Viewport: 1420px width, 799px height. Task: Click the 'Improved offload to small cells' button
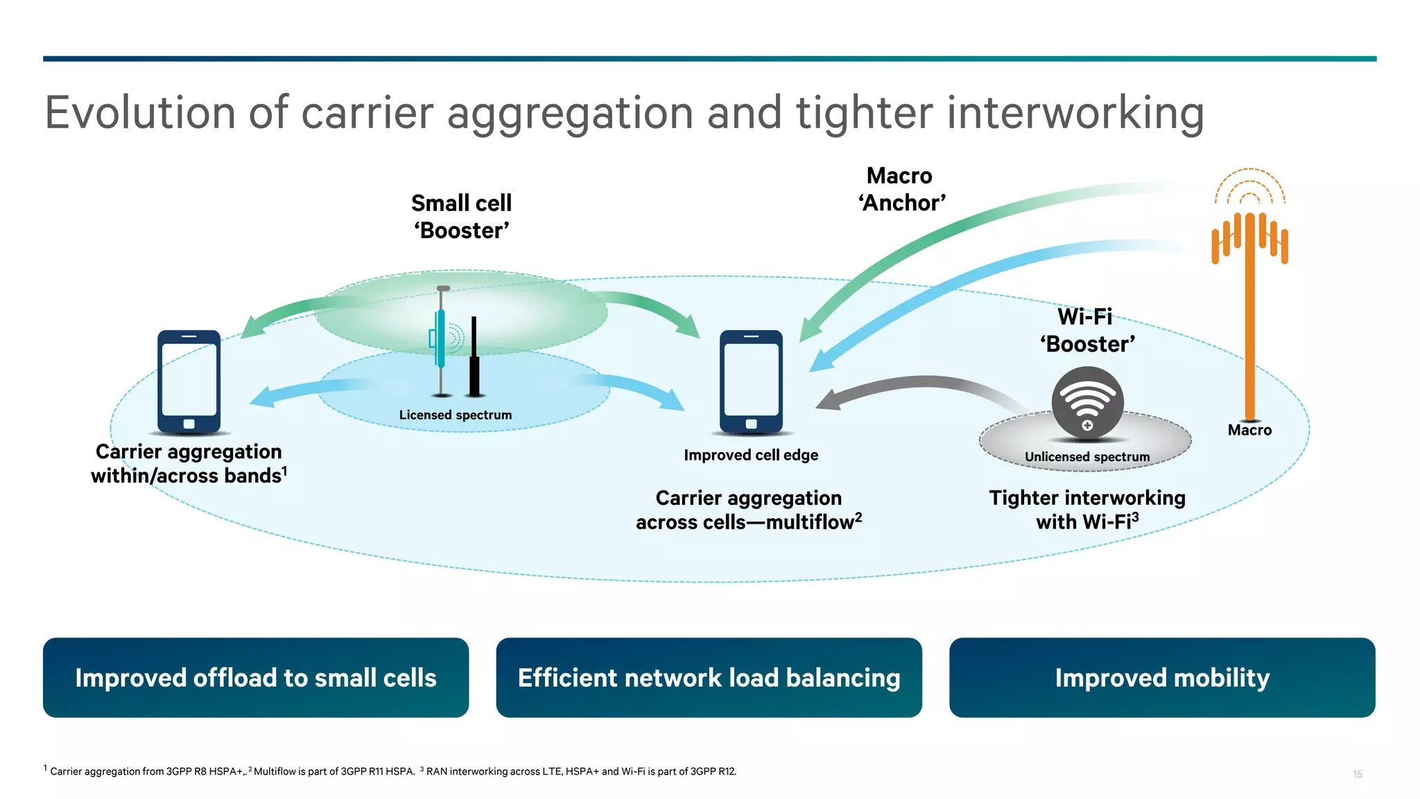pyautogui.click(x=255, y=678)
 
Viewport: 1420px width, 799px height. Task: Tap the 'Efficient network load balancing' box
pyautogui.click(x=709, y=678)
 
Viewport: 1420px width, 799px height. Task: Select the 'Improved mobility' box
pyautogui.click(x=1162, y=678)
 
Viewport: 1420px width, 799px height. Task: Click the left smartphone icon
pyautogui.click(x=189, y=381)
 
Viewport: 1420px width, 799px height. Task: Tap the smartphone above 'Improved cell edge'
pyautogui.click(x=751, y=381)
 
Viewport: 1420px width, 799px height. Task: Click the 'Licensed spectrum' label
pyautogui.click(x=456, y=415)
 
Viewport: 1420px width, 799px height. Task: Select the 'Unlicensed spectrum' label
pyautogui.click(x=1087, y=456)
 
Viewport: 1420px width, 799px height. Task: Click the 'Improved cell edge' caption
pyautogui.click(x=751, y=455)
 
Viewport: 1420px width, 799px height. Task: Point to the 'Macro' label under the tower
pyautogui.click(x=1249, y=430)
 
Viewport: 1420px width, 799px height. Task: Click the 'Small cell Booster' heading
pyautogui.click(x=461, y=216)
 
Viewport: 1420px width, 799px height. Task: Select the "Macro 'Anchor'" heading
pyautogui.click(x=901, y=189)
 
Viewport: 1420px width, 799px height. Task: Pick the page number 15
pyautogui.click(x=1357, y=774)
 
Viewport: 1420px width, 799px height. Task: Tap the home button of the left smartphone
pyautogui.click(x=189, y=424)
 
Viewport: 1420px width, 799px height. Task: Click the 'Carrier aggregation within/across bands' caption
pyautogui.click(x=189, y=463)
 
